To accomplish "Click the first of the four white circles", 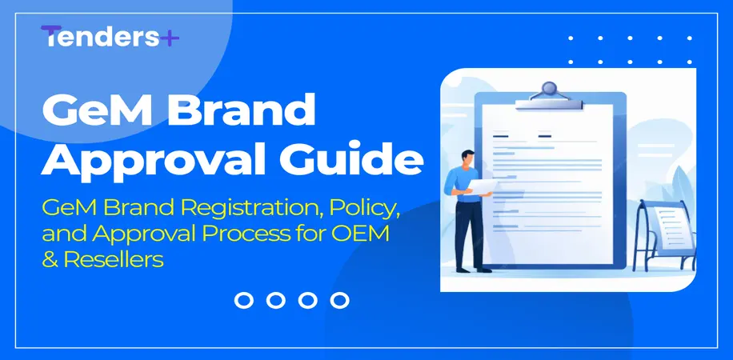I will coord(244,300).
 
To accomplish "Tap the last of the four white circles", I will coord(340,300).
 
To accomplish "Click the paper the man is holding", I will coord(487,186).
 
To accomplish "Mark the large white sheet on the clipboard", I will coord(552,192).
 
